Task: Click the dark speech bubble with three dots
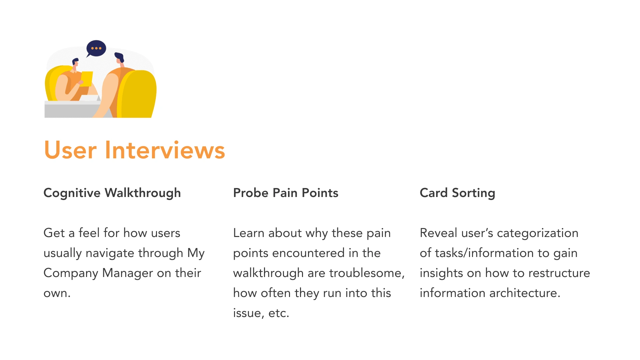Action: [x=96, y=49]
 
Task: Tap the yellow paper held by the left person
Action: [x=87, y=79]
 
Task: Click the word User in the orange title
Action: [x=70, y=150]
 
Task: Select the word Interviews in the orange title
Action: [x=165, y=150]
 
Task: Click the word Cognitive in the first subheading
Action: [x=72, y=193]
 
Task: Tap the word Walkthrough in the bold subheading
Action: [x=143, y=193]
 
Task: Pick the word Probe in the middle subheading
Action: [x=251, y=193]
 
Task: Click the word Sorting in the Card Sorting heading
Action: [x=473, y=193]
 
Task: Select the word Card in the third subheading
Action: [x=434, y=193]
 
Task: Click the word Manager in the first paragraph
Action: [x=128, y=273]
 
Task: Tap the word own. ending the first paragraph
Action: [x=57, y=293]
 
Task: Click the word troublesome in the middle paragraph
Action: [x=367, y=273]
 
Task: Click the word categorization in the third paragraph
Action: [x=538, y=233]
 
